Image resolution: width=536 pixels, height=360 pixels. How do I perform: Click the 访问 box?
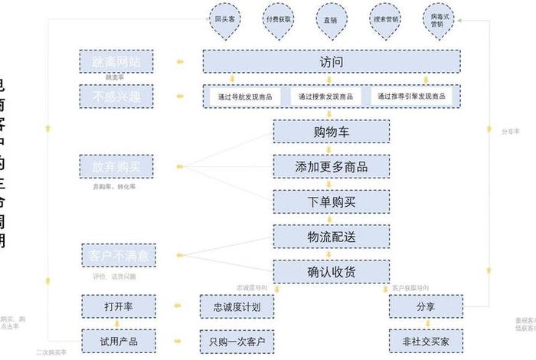coord(332,61)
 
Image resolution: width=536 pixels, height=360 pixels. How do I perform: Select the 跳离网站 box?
coord(117,61)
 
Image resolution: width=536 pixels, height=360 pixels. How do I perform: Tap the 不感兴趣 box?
coord(117,97)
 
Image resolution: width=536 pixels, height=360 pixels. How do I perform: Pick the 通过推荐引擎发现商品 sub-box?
coord(412,97)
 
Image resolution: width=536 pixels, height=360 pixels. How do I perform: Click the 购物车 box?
coord(331,132)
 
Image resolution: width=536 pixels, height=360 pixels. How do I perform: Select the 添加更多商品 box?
coord(331,166)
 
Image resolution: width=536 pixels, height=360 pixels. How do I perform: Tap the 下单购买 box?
coord(331,201)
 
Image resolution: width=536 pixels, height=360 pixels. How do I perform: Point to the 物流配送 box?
coord(331,237)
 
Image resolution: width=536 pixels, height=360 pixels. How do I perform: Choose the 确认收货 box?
coord(331,271)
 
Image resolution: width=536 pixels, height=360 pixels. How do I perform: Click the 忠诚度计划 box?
coord(236,306)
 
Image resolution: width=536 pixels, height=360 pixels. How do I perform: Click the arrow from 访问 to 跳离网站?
coord(178,61)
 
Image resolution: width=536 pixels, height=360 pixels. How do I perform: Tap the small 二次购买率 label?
coord(51,353)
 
